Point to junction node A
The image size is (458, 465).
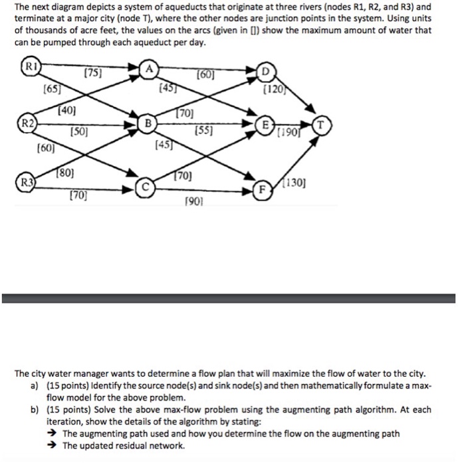pyautogui.click(x=151, y=68)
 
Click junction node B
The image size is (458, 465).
pyautogui.click(x=150, y=123)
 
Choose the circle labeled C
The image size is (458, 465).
pyautogui.click(x=143, y=187)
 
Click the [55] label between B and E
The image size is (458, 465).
pyautogui.click(x=203, y=133)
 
